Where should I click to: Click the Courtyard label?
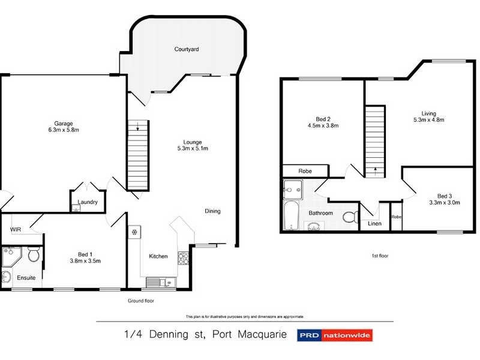coord(187,49)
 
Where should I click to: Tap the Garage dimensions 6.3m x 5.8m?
coord(64,130)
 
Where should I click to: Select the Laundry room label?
coord(88,202)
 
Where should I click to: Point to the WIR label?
coord(16,229)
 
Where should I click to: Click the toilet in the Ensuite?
coord(34,256)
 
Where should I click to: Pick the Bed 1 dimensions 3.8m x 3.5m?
coord(85,260)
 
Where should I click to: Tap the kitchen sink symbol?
coord(158,281)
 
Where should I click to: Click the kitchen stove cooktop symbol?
coord(183,259)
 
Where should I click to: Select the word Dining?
coord(212,211)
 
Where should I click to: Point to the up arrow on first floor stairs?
coord(375,170)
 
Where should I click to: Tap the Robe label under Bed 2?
coord(305,171)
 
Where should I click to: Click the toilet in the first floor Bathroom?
coord(349,217)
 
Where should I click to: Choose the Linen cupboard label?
coord(374,224)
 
